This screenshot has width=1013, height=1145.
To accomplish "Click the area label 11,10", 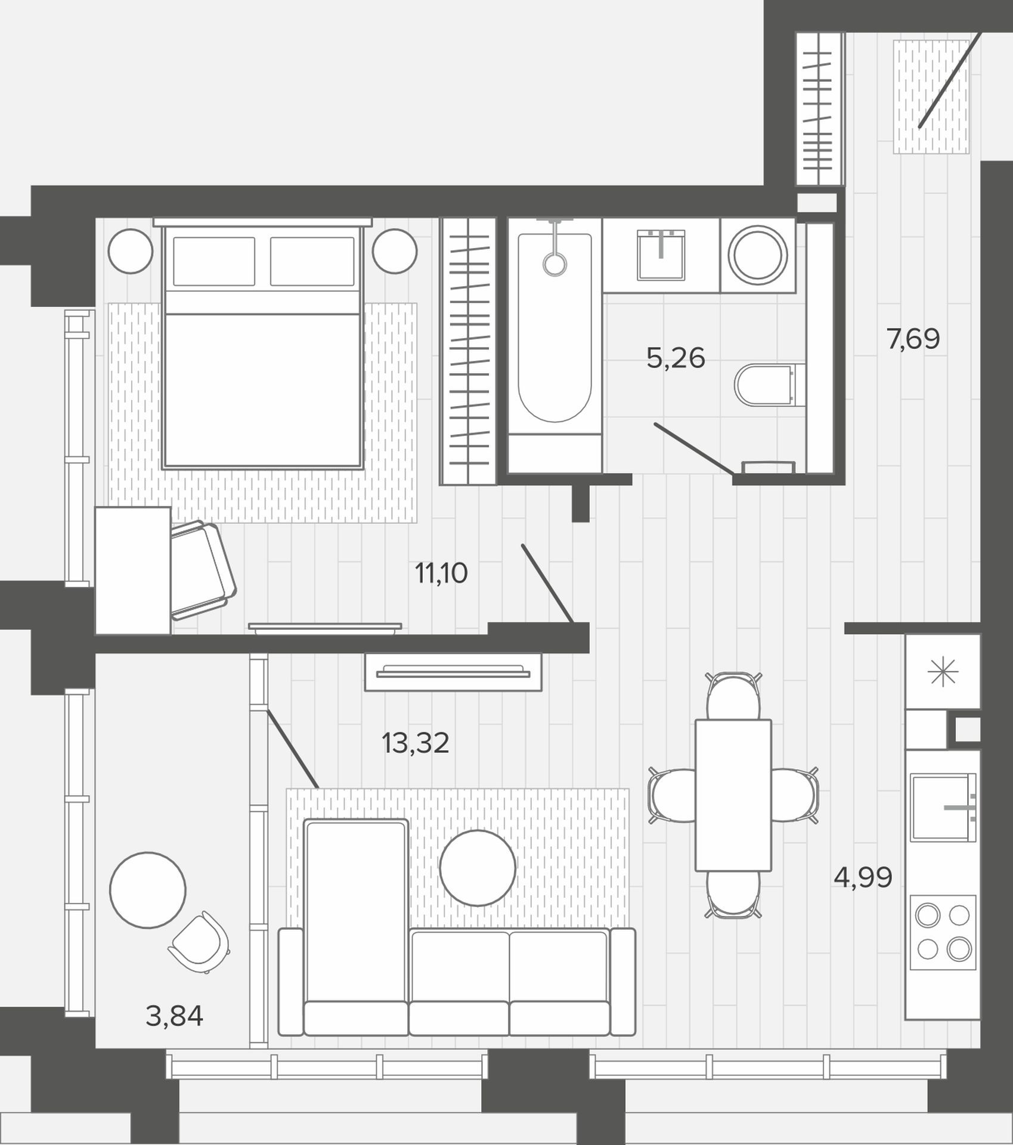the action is (x=441, y=573).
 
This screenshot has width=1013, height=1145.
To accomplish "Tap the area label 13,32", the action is (x=415, y=743).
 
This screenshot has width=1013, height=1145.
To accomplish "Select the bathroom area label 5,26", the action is (x=676, y=358).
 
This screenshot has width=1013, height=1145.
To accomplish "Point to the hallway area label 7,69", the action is (x=913, y=339).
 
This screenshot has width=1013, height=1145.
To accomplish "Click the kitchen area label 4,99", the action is (x=863, y=877).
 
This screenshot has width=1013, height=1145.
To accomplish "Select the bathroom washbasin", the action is (x=661, y=255).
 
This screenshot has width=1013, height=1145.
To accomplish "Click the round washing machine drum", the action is (x=757, y=255).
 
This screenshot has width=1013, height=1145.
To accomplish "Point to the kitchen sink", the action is (x=943, y=807).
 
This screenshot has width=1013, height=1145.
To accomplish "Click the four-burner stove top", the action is (x=943, y=932).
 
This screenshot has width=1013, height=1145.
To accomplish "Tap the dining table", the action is (x=733, y=795).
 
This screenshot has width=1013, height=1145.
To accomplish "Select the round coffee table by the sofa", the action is (x=478, y=868).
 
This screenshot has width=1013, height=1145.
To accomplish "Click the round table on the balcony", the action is (x=148, y=889).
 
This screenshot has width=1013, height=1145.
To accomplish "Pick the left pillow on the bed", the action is (x=214, y=261).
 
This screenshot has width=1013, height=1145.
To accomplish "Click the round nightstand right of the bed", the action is (x=395, y=251).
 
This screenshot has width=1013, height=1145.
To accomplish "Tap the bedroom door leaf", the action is (x=547, y=583).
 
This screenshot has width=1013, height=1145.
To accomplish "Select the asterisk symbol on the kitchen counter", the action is (x=943, y=673).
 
